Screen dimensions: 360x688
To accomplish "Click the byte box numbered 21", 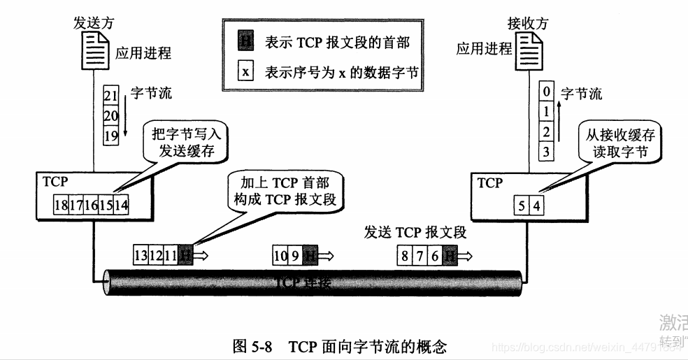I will [x=110, y=96].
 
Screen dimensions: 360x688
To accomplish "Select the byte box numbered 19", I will [x=110, y=136].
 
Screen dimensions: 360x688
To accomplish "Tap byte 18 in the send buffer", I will [x=62, y=206].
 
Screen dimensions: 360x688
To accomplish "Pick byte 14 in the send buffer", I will [x=121, y=206].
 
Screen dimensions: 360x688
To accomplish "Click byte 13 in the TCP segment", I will [x=141, y=256].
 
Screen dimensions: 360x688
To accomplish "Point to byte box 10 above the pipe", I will [x=280, y=256].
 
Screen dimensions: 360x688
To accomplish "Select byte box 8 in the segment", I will [x=404, y=256].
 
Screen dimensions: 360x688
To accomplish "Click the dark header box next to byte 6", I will [x=451, y=256].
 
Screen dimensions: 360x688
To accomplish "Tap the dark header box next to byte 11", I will [x=185, y=256].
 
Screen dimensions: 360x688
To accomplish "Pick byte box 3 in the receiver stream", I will [x=547, y=150].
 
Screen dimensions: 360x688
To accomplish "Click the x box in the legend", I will [x=245, y=72].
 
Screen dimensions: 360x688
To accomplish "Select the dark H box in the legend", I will [x=245, y=42].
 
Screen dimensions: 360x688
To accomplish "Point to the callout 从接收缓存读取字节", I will [x=615, y=143].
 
